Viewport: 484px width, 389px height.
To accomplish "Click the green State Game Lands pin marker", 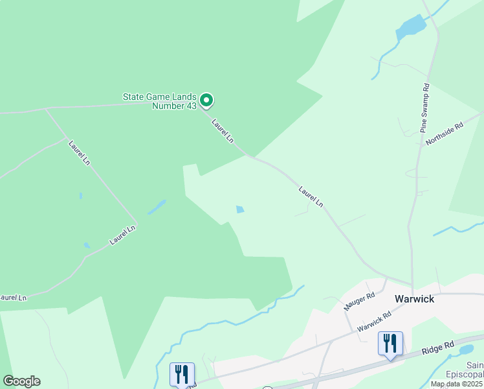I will pos(206,100).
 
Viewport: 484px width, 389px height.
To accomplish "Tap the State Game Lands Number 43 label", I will pos(160,101).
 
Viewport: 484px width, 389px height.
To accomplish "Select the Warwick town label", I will pos(414,300).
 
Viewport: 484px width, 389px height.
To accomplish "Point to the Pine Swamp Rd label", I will pos(425,108).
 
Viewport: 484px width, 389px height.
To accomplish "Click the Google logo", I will pos(21,381).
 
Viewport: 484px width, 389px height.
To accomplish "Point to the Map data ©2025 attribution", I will pos(457,384).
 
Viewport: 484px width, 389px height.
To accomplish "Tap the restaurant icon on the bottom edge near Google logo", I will pos(182,374).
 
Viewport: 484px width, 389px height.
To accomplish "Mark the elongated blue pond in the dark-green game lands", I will pos(157,207).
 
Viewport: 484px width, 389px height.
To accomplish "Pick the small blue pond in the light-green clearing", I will pos(241,209).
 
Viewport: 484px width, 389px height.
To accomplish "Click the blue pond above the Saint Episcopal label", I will pos(466,350).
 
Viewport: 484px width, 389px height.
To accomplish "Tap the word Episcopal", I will pos(465,375).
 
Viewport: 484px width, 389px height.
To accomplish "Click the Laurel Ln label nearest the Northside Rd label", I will pos(311,196).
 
